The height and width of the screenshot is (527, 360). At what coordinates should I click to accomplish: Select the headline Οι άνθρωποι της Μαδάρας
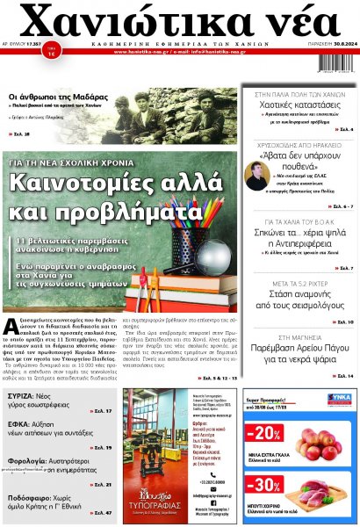(x=54, y=96)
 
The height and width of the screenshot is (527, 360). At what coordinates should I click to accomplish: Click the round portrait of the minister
(x=256, y=176)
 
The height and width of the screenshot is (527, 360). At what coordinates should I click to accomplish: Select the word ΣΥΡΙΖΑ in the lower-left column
(x=25, y=394)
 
